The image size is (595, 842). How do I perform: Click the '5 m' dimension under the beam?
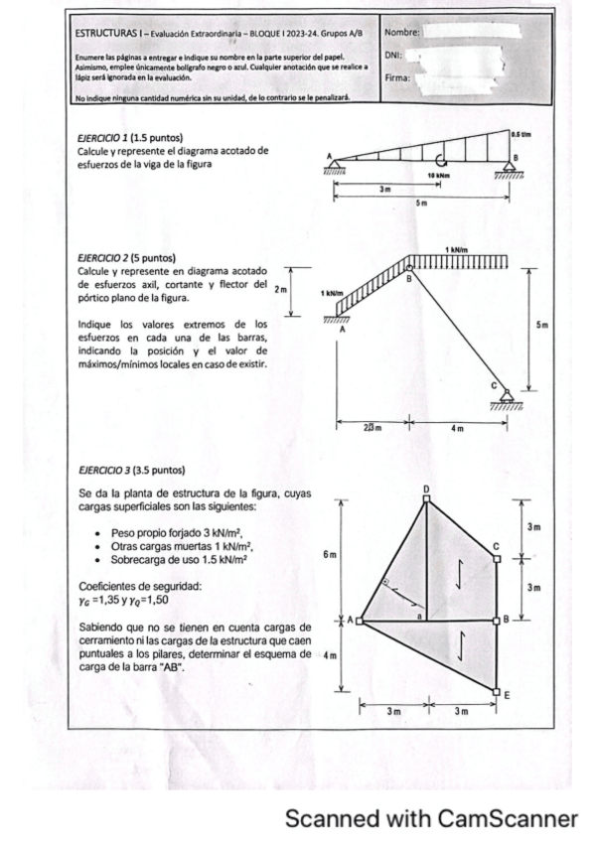point(421,203)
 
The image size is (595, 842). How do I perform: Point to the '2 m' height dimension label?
point(280,289)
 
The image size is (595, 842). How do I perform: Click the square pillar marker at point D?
point(427,498)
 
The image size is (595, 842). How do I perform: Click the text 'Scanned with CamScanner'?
point(431,818)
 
